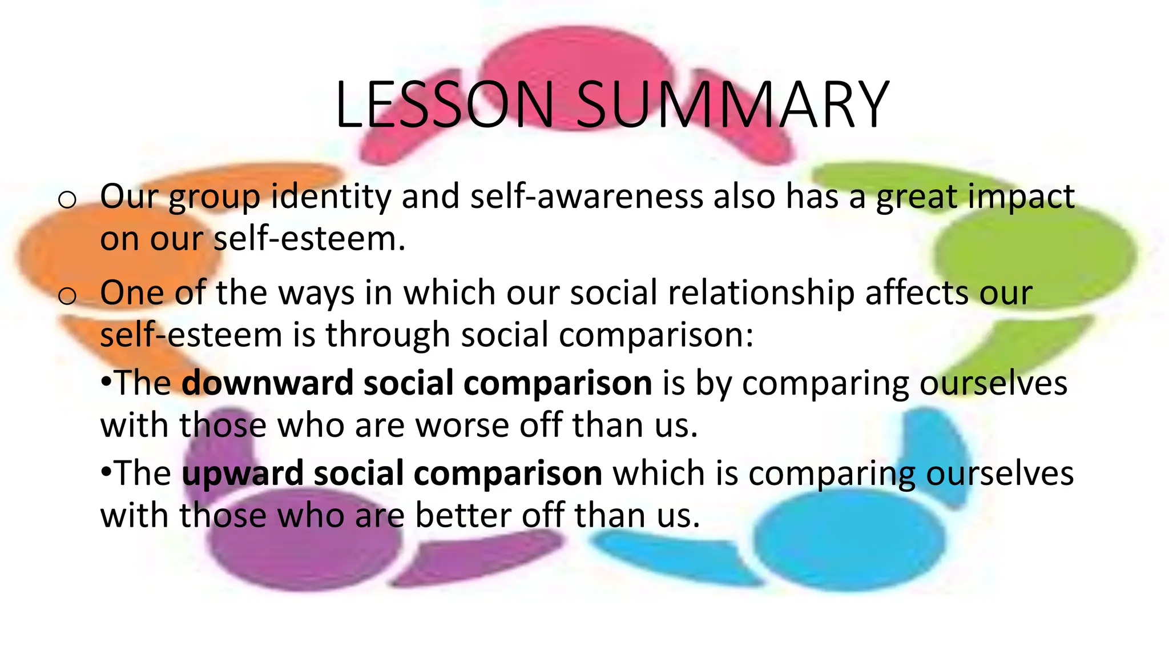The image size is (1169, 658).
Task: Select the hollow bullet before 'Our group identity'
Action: (x=67, y=200)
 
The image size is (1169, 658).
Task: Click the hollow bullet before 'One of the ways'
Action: (x=67, y=296)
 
